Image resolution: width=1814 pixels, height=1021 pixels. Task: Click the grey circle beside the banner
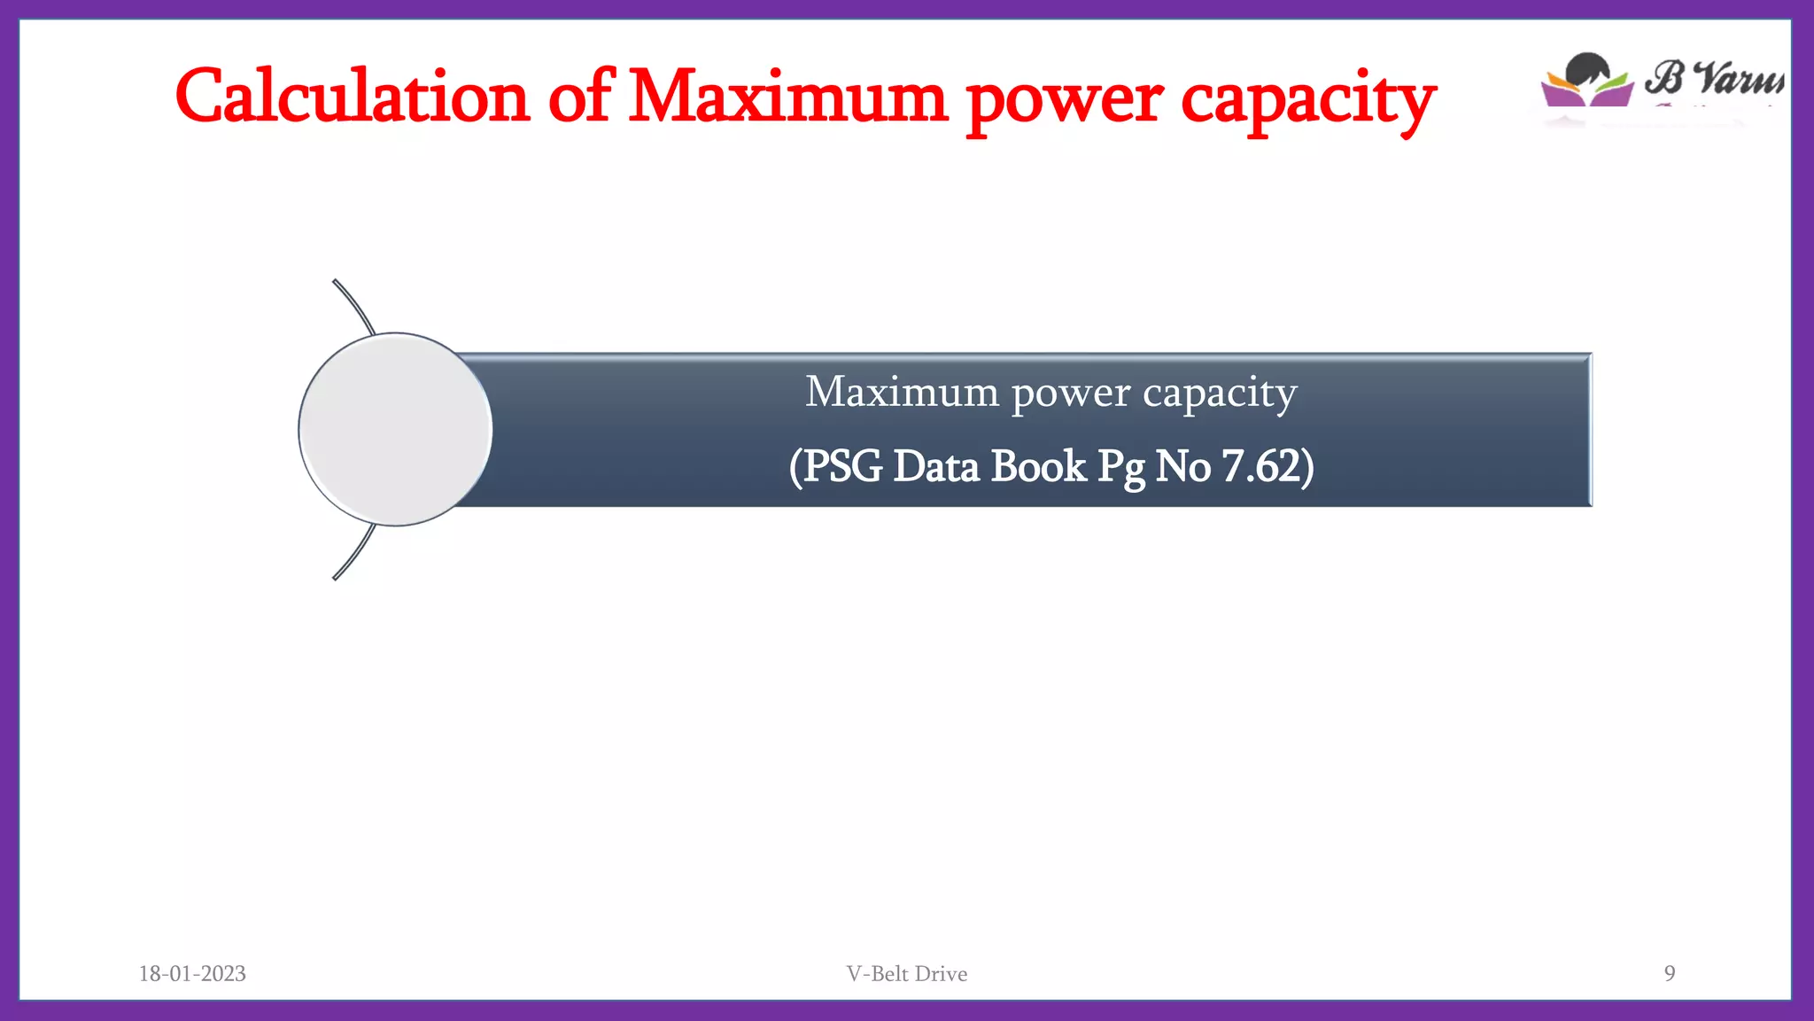[x=395, y=430]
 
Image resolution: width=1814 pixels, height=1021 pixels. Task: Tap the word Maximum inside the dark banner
[x=902, y=392]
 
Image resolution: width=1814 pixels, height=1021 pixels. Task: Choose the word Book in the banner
[x=1038, y=466]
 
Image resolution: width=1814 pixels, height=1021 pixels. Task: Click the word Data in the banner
[x=935, y=466]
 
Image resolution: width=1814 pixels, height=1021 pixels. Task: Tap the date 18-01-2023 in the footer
[x=192, y=973]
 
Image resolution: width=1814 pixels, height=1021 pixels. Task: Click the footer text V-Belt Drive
[x=906, y=973]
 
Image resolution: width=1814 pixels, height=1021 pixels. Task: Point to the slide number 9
[x=1669, y=973]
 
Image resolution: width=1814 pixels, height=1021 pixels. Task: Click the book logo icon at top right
[x=1587, y=82]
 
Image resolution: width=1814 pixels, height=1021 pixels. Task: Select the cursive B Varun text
[x=1714, y=78]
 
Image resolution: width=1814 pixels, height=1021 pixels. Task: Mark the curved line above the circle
[x=354, y=306]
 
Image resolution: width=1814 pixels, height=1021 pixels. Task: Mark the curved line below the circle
[x=354, y=553]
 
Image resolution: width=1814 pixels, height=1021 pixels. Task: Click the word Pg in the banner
[x=1120, y=468]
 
